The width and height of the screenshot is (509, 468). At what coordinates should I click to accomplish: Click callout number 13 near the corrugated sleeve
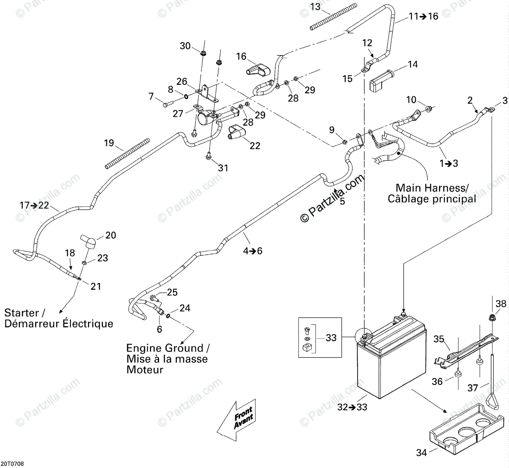pos(316,7)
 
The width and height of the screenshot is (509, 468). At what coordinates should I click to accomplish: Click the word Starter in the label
pos(22,313)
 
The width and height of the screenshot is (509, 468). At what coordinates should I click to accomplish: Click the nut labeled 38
pos(492,317)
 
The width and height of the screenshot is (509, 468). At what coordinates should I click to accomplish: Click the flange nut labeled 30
pos(203,53)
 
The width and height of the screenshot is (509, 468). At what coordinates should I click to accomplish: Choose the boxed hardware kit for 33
pos(320,337)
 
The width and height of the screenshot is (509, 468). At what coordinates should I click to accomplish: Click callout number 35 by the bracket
pos(439,339)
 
